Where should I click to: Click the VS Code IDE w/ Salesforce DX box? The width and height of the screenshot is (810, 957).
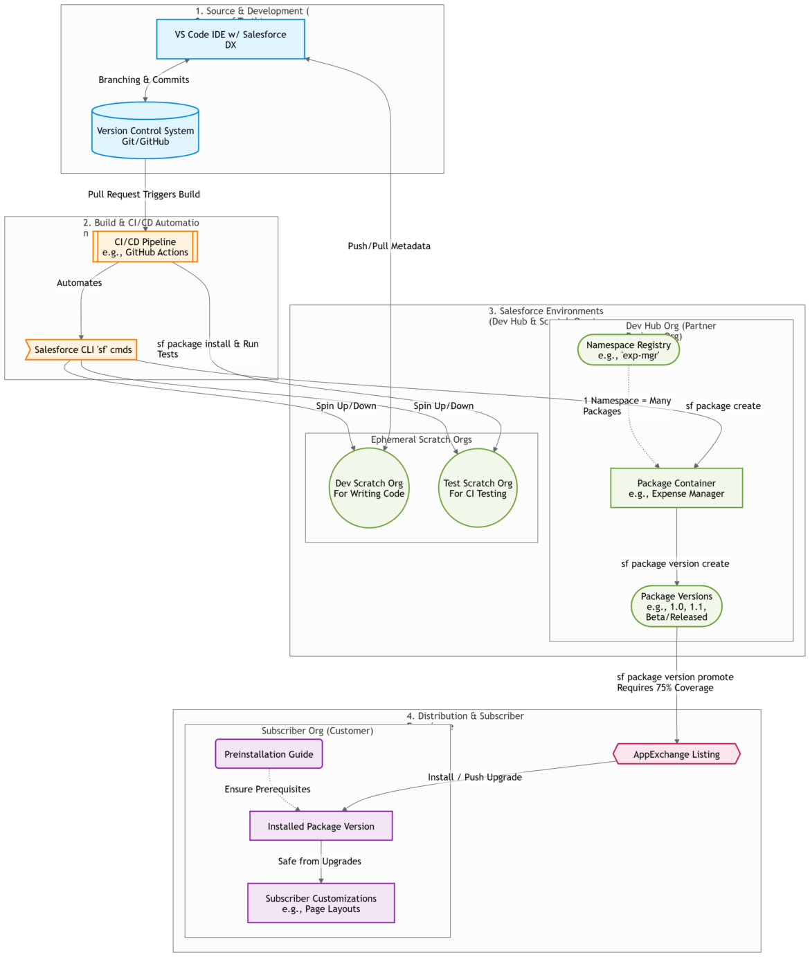click(x=231, y=39)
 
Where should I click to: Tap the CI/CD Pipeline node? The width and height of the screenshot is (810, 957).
click(x=145, y=247)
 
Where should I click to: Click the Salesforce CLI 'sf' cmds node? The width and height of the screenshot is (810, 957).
click(x=82, y=349)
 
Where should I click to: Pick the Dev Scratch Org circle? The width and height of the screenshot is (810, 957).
click(x=369, y=489)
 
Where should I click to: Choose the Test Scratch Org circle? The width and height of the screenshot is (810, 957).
click(x=478, y=489)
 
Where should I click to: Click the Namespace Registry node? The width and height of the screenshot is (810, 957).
click(x=629, y=350)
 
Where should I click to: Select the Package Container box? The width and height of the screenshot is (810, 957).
click(x=676, y=489)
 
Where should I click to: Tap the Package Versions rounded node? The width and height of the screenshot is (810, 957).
click(x=676, y=607)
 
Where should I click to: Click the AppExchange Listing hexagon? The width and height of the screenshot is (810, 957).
click(x=676, y=754)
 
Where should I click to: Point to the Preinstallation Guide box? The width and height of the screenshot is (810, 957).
click(x=269, y=754)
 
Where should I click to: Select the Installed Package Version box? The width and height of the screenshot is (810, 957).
click(x=321, y=826)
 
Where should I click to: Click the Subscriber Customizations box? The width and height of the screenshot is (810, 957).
click(x=321, y=904)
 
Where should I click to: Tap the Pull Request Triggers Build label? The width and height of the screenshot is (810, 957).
click(x=144, y=194)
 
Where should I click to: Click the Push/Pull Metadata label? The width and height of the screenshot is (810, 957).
click(x=389, y=246)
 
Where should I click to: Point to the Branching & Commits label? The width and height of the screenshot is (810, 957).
click(x=144, y=80)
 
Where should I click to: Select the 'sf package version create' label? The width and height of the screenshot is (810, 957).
click(x=675, y=564)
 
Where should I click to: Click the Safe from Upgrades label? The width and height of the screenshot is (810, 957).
click(x=320, y=862)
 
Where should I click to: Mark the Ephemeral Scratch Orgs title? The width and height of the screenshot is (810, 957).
click(x=421, y=439)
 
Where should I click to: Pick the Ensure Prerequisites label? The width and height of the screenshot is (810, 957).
click(x=267, y=790)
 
